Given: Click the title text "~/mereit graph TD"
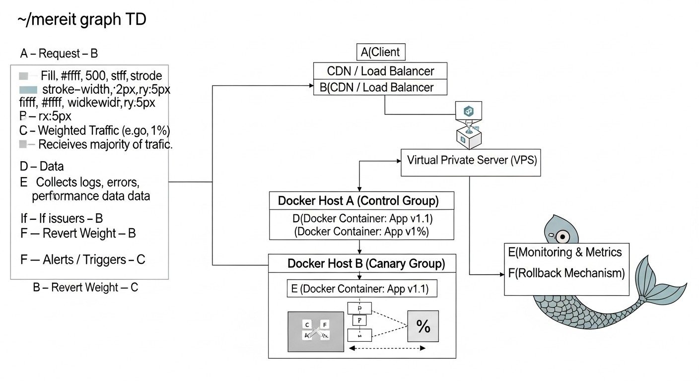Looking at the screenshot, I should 82,20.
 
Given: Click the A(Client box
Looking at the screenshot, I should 381,52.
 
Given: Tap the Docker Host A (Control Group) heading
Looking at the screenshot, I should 361,201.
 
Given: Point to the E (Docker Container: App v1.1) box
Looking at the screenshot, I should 362,288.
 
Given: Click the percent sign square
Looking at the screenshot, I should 423,326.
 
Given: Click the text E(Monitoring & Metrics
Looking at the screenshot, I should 564,252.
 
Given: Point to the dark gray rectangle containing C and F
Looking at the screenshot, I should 316,331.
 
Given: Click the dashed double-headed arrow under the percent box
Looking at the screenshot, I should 388,349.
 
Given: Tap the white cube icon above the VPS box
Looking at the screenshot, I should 468,137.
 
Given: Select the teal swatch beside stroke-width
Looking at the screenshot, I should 28,90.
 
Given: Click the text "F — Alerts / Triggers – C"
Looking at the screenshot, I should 83,259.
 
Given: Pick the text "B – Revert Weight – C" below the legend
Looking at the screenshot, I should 85,288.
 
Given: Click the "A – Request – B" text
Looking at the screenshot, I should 59,54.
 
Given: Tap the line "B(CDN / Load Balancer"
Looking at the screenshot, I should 377,88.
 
